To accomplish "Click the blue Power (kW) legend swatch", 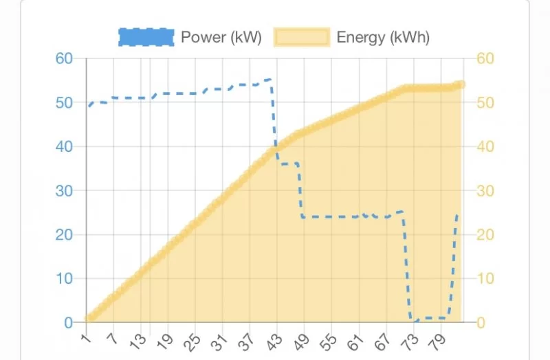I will pyautogui.click(x=146, y=37).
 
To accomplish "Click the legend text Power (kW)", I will pyautogui.click(x=221, y=37).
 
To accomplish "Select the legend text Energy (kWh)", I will pyautogui.click(x=383, y=37).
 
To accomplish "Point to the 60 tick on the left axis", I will pyautogui.click(x=64, y=58).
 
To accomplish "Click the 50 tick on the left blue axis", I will pyautogui.click(x=64, y=102).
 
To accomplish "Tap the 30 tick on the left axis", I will pyautogui.click(x=64, y=190).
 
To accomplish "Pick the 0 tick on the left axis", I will pyautogui.click(x=68, y=322).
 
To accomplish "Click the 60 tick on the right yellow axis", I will pyautogui.click(x=485, y=58).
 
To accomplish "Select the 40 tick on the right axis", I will pyautogui.click(x=485, y=146).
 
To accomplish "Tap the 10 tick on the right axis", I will pyautogui.click(x=485, y=278).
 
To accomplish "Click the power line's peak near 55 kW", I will pyautogui.click(x=268, y=80).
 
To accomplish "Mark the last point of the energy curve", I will pyautogui.click(x=461, y=85).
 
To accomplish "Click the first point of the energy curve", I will pyautogui.click(x=89, y=318).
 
